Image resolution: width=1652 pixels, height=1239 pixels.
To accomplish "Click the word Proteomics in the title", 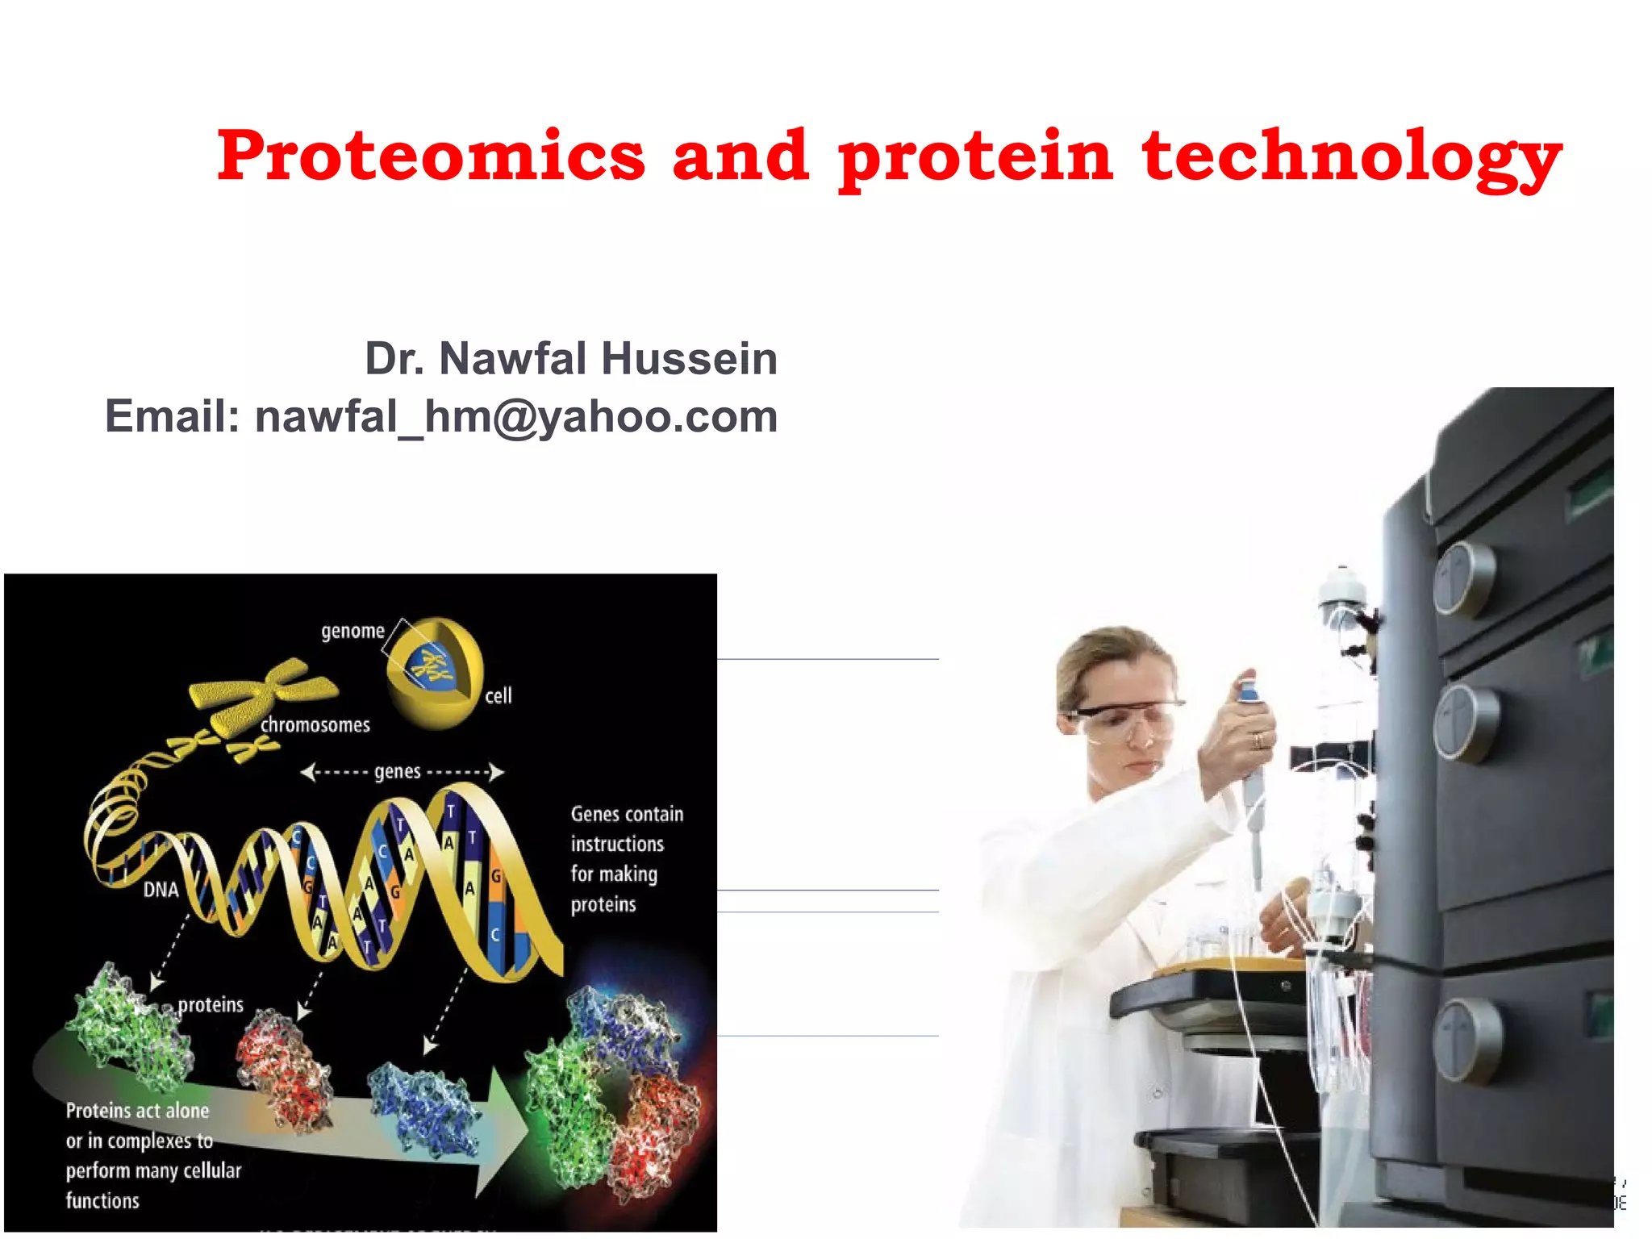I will [x=431, y=155].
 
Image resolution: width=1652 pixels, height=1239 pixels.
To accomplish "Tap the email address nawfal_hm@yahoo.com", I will [x=516, y=417].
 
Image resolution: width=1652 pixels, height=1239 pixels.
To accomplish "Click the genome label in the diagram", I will [x=353, y=631].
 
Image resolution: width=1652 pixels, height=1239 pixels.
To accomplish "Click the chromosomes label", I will [x=315, y=725].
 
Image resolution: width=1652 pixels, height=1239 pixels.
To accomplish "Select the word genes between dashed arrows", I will [x=398, y=772].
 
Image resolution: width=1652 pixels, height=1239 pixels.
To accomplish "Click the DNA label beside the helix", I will [x=161, y=890].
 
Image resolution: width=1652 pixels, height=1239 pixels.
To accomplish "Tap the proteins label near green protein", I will [x=211, y=1005].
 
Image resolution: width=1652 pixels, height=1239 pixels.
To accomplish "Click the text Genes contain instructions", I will [x=626, y=828].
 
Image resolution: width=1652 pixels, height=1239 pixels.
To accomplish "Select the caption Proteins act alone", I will [x=137, y=1111].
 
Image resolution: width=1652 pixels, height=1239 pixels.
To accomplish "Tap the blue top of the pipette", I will [x=1248, y=690].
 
